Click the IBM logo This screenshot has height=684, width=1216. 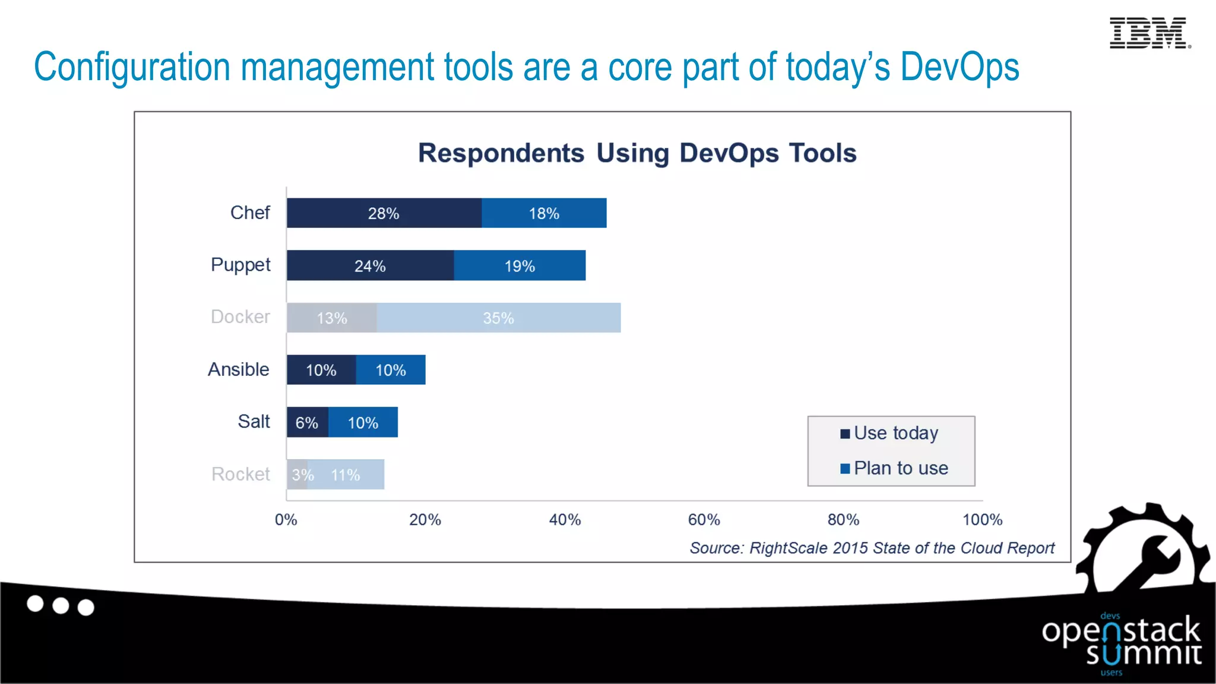pos(1149,33)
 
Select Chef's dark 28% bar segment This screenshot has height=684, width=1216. pos(384,213)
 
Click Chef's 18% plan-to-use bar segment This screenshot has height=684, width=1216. pos(544,213)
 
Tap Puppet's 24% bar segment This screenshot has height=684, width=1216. pos(370,265)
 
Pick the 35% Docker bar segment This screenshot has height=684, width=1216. pos(498,318)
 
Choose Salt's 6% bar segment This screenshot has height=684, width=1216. pos(307,422)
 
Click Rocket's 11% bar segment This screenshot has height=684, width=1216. pos(346,474)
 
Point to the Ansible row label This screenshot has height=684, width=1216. pos(239,369)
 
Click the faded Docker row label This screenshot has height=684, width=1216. pos(240,317)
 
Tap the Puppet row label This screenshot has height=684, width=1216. pos(240,265)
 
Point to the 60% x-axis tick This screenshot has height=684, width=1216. pos(704,520)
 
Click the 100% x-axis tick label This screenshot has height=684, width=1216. pos(982,520)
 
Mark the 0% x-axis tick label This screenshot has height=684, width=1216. pos(286,520)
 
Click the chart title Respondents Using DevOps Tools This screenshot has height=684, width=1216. pos(637,153)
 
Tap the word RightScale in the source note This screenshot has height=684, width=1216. pos(788,548)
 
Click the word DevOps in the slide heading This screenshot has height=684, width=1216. pos(959,66)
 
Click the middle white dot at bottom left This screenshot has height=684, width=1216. pos(61,606)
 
